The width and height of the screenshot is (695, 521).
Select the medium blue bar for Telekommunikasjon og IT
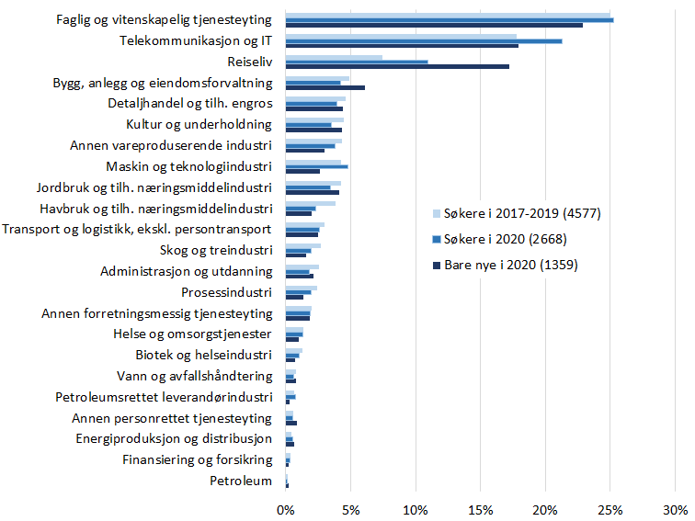[x=424, y=40]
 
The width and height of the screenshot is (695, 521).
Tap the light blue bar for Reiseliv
[x=334, y=57]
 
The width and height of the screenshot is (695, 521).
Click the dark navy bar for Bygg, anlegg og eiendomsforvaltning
[x=325, y=87]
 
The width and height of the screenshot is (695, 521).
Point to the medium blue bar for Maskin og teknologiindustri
[x=317, y=166]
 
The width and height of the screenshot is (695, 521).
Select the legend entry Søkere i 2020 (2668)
[x=506, y=240]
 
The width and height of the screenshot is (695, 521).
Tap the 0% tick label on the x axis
[x=286, y=509]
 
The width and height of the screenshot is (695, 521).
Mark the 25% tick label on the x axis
[x=610, y=509]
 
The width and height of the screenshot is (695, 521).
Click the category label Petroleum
[x=241, y=481]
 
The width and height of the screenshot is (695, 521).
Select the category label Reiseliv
[x=249, y=62]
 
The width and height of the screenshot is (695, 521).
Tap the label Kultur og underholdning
[x=199, y=124]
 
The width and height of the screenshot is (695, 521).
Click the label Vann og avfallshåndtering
[x=195, y=376]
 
